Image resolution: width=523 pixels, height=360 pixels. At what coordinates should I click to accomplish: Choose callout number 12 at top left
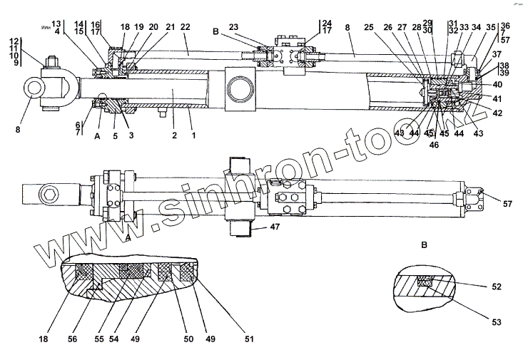pos(14,41)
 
